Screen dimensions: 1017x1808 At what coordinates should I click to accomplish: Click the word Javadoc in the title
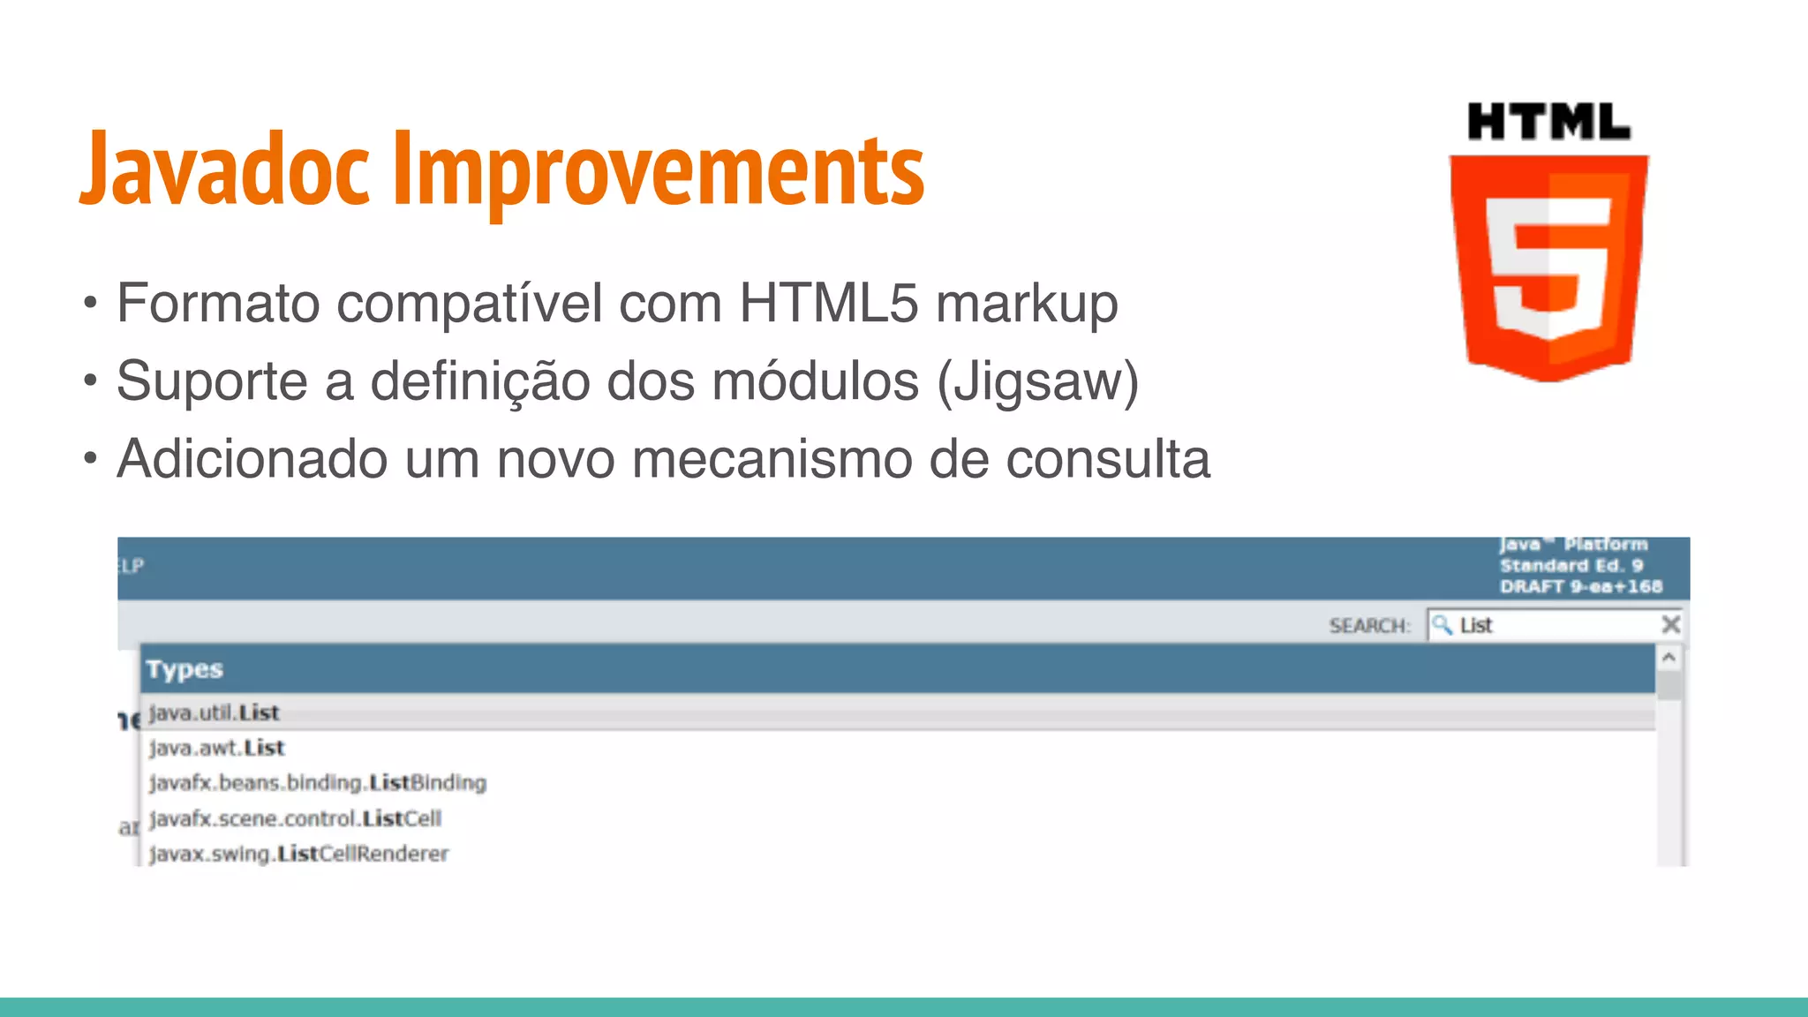(x=225, y=169)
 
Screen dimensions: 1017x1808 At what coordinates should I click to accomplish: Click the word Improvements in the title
(x=658, y=169)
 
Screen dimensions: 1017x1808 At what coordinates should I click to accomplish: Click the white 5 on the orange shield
(x=1548, y=265)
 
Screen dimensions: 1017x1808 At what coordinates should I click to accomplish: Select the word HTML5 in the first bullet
(x=829, y=303)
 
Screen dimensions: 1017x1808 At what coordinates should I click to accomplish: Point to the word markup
(x=1027, y=305)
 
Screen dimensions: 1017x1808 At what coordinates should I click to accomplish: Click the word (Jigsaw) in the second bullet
(x=1038, y=382)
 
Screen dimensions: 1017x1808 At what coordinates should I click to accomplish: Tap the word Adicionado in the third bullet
(x=252, y=459)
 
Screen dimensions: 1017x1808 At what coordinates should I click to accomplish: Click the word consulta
(x=1108, y=459)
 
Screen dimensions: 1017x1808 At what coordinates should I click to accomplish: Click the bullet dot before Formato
(x=89, y=305)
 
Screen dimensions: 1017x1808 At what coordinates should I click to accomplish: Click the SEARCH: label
(x=1369, y=626)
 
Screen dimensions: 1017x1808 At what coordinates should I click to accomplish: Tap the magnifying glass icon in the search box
(x=1442, y=625)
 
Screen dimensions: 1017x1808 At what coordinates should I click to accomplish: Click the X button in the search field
(x=1670, y=625)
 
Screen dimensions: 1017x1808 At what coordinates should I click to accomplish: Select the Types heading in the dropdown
(x=185, y=669)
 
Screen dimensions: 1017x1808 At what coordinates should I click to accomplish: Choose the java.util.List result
(x=214, y=712)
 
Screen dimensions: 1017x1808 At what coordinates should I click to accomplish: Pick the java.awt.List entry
(x=217, y=748)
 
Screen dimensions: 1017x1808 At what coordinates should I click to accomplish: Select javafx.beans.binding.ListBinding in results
(x=318, y=783)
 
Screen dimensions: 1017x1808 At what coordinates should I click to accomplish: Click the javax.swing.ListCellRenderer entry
(x=299, y=854)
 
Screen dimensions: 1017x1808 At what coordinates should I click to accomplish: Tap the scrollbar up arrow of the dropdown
(x=1669, y=658)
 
